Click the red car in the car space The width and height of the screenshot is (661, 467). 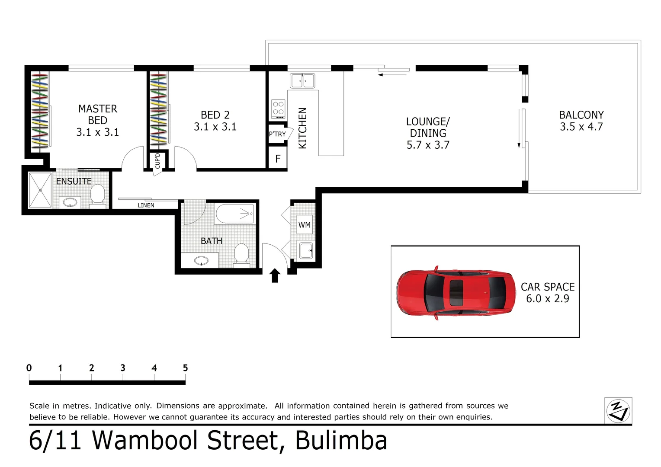click(456, 293)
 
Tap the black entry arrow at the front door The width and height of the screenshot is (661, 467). click(275, 275)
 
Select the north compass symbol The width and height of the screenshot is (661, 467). click(618, 410)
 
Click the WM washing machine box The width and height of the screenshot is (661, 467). click(305, 225)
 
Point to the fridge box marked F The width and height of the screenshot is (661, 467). click(278, 159)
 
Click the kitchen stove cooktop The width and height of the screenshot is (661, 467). click(278, 109)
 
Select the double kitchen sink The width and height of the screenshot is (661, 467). click(302, 81)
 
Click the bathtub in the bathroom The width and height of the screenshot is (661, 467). click(235, 214)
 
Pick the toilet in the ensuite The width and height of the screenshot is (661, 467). click(98, 195)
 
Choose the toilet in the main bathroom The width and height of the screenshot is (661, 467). click(241, 254)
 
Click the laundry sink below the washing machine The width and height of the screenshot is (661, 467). click(306, 250)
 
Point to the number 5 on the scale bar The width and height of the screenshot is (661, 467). click(185, 368)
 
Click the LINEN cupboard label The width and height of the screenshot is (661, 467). click(146, 205)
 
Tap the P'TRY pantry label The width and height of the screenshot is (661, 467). click(277, 134)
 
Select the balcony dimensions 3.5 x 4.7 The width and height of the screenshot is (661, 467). click(581, 127)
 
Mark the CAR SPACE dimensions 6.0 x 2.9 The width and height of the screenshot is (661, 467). click(547, 299)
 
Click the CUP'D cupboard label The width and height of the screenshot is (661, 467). click(157, 161)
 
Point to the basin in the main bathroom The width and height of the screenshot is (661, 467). click(201, 261)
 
